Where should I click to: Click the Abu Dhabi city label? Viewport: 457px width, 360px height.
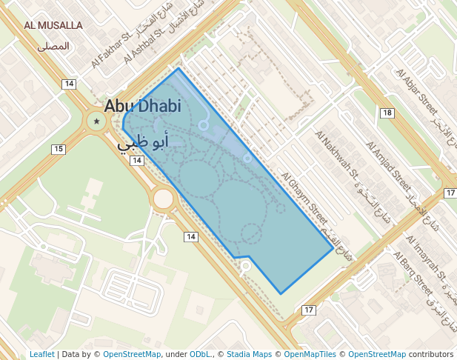point(142,106)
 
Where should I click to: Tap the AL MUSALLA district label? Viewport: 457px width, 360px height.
point(53,25)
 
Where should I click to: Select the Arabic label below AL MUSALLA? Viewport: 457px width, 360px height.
point(53,46)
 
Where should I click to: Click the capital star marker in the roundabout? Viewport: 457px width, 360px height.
point(96,120)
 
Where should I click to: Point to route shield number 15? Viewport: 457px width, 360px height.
point(58,149)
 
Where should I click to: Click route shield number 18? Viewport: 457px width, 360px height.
point(387,113)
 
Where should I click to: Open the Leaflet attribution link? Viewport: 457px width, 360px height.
point(41,354)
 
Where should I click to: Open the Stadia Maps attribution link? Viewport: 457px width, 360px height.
point(249,354)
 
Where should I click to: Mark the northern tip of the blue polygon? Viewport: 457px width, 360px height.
point(179,69)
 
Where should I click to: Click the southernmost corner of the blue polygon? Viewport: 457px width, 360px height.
point(281,294)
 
